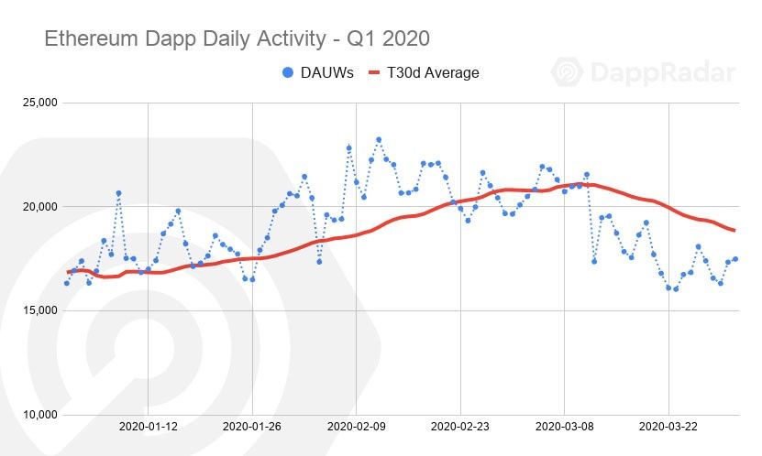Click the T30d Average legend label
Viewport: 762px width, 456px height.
pos(436,71)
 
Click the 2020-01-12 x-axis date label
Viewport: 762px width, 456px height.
pos(148,427)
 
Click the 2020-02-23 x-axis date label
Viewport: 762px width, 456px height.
pos(460,427)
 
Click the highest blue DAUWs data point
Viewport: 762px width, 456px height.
pos(379,140)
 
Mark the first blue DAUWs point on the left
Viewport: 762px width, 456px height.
pos(67,283)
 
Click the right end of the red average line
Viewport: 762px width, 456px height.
pos(734,230)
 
